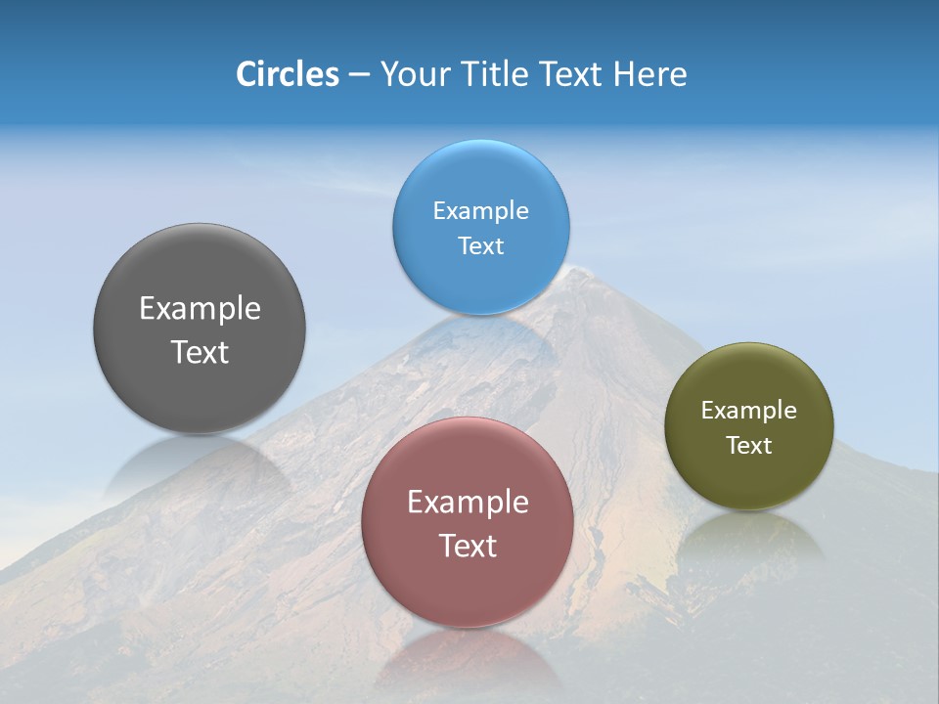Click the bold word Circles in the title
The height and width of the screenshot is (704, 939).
(x=288, y=74)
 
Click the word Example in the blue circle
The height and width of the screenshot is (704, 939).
(x=480, y=211)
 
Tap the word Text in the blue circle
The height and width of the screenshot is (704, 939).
(x=480, y=246)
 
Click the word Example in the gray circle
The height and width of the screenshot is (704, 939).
(x=200, y=309)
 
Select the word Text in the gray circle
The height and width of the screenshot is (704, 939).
(x=200, y=352)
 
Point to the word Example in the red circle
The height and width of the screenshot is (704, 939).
(x=468, y=503)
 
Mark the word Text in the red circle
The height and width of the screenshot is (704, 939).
(x=468, y=546)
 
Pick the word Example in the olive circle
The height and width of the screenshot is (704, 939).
(x=748, y=411)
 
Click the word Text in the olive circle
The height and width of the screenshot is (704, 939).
(x=748, y=446)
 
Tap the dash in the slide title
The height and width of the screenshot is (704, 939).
(x=359, y=74)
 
